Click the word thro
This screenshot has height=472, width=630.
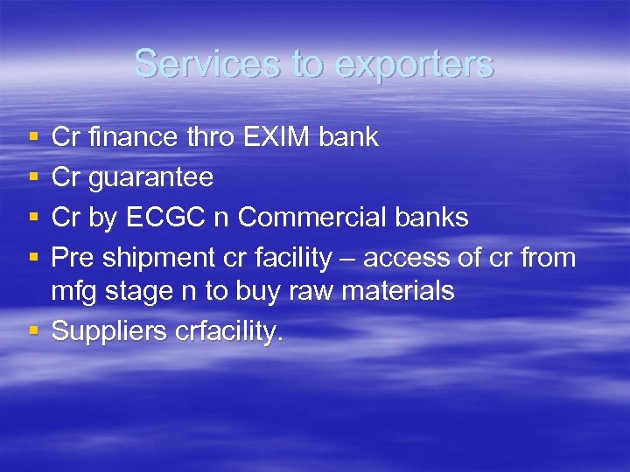pyautogui.click(x=207, y=137)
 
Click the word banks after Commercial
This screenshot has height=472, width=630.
pyautogui.click(x=430, y=218)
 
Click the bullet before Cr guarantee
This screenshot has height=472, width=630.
pyautogui.click(x=32, y=177)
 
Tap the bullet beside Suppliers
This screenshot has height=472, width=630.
pyautogui.click(x=32, y=331)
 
